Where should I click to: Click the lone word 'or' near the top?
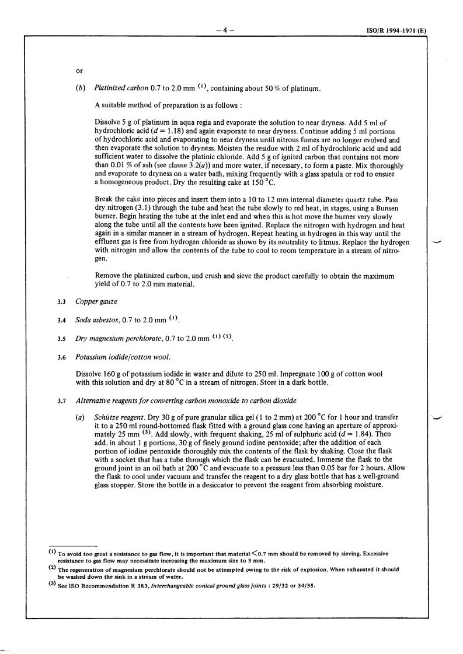coord(79,71)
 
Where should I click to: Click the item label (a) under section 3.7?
coord(81,419)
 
